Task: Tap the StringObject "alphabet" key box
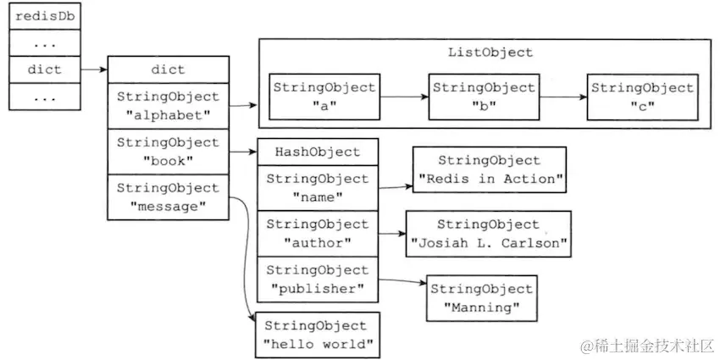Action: [x=168, y=106]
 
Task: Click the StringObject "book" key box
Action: [x=168, y=151]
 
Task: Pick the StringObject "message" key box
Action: [x=168, y=197]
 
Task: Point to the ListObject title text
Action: [x=490, y=53]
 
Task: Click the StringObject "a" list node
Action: [x=324, y=97]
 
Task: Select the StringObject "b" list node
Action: [x=484, y=97]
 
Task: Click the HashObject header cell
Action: [x=317, y=152]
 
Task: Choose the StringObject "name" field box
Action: [x=317, y=187]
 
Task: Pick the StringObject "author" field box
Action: [x=317, y=233]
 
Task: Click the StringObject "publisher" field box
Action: [x=317, y=279]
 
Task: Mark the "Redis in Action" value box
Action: [x=488, y=169]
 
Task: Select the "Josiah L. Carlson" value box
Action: [x=488, y=234]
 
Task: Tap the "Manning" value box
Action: [x=482, y=297]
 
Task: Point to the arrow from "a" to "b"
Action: [x=404, y=97]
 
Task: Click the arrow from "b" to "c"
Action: [x=563, y=97]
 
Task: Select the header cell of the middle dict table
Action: [x=168, y=69]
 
